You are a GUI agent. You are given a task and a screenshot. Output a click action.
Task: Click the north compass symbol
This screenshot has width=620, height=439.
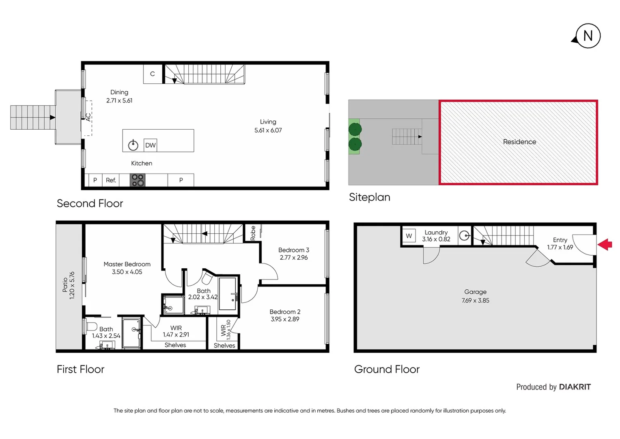tap(588, 36)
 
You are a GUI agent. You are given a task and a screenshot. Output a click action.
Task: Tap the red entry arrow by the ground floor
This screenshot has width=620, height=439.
tap(605, 245)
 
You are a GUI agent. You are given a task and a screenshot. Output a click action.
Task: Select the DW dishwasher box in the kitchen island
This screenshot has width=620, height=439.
tap(150, 145)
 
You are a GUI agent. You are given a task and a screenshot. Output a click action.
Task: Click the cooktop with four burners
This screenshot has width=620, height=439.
tap(138, 180)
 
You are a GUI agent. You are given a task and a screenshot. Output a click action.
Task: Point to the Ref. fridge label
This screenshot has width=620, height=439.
tap(111, 180)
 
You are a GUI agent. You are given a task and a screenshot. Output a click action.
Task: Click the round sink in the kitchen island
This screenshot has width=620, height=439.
tap(133, 145)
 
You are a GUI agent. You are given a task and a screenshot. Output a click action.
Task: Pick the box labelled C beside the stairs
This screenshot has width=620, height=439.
tap(153, 74)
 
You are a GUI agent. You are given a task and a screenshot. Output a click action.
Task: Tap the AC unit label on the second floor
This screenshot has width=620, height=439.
tap(88, 117)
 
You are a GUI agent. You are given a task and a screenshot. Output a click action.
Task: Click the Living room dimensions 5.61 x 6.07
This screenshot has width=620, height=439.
tap(268, 130)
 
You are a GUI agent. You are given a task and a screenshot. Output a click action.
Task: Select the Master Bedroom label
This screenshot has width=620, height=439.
tap(127, 264)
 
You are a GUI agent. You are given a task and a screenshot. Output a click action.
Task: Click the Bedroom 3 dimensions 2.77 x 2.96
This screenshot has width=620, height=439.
tap(293, 258)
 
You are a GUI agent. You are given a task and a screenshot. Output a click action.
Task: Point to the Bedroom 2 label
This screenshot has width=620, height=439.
tap(285, 312)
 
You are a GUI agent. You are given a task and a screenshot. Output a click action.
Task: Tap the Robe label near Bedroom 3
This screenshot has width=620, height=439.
tap(253, 233)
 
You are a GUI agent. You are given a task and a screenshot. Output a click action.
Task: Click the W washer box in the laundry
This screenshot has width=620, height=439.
tap(409, 236)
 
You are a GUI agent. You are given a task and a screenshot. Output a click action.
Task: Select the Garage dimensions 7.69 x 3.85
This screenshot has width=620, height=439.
tap(475, 301)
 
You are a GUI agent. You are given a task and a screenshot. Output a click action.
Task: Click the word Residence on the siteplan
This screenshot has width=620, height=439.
tap(519, 142)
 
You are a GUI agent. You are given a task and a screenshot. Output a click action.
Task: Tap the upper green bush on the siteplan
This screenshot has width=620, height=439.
tap(355, 130)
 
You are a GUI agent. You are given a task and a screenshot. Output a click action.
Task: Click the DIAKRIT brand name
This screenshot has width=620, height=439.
tap(575, 387)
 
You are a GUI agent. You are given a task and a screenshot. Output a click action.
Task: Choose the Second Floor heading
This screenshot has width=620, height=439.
tap(90, 203)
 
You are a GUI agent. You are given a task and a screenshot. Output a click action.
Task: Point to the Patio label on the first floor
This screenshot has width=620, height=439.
tap(65, 285)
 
